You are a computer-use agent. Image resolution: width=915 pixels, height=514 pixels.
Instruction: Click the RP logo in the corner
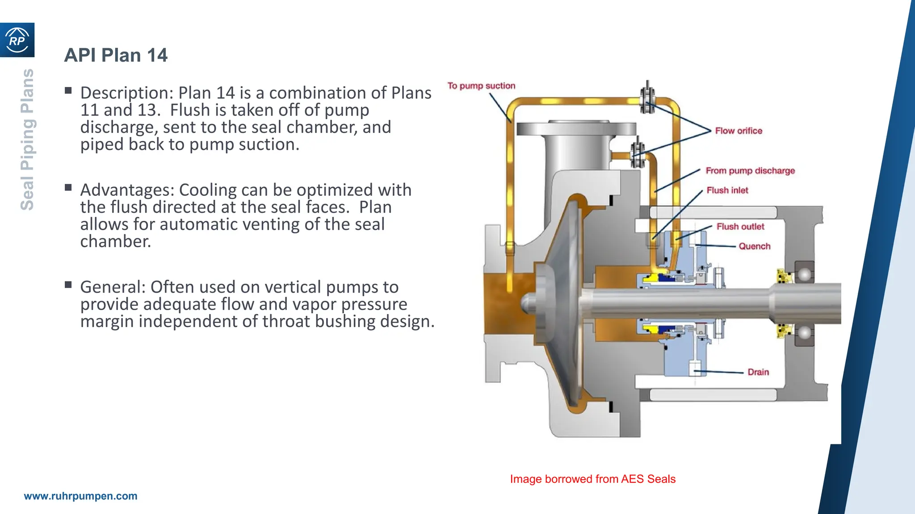(17, 40)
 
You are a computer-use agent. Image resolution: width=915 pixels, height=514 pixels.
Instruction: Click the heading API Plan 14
(116, 55)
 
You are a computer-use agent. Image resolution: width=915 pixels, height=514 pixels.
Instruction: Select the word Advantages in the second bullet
(127, 190)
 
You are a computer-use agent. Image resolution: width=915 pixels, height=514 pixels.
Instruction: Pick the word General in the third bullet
(113, 287)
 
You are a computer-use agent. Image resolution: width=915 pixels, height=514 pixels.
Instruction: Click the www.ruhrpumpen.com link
(80, 496)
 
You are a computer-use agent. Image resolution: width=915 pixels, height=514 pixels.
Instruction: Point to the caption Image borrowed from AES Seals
(592, 479)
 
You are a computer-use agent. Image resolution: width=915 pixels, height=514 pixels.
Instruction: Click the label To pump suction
(481, 86)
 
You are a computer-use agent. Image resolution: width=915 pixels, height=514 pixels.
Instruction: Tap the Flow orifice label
(739, 131)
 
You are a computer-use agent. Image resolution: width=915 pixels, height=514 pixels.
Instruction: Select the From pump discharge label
(750, 170)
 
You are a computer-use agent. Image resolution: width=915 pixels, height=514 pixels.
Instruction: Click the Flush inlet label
(727, 190)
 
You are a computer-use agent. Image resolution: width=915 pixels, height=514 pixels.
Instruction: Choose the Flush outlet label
(740, 227)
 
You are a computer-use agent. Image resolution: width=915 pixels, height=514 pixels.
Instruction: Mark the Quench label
(754, 246)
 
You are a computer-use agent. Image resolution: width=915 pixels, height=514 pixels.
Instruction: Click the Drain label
(758, 372)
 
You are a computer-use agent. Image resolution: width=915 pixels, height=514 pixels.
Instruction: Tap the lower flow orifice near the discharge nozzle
(637, 154)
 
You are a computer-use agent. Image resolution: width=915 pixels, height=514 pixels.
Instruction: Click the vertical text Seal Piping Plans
(27, 139)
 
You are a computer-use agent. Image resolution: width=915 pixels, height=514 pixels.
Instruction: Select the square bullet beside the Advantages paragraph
(68, 187)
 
